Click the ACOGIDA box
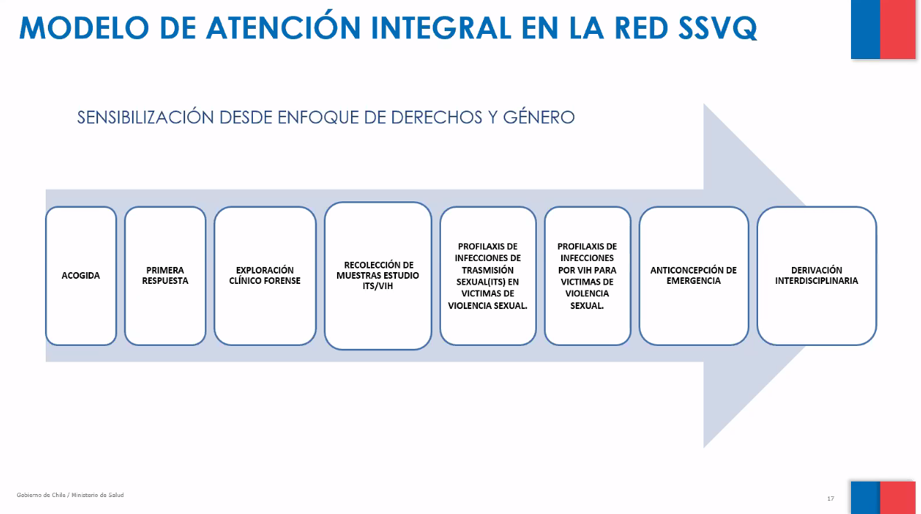tap(81, 276)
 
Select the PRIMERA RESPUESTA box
tap(165, 276)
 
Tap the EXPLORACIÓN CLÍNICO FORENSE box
tap(265, 276)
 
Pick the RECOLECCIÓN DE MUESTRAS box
tap(378, 276)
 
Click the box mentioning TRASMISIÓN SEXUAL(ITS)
tap(487, 276)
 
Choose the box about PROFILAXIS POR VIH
tap(587, 276)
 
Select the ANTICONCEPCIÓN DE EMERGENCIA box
tap(693, 276)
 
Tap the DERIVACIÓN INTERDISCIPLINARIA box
tap(816, 276)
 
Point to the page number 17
tap(830, 499)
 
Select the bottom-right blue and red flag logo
tap(882, 498)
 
